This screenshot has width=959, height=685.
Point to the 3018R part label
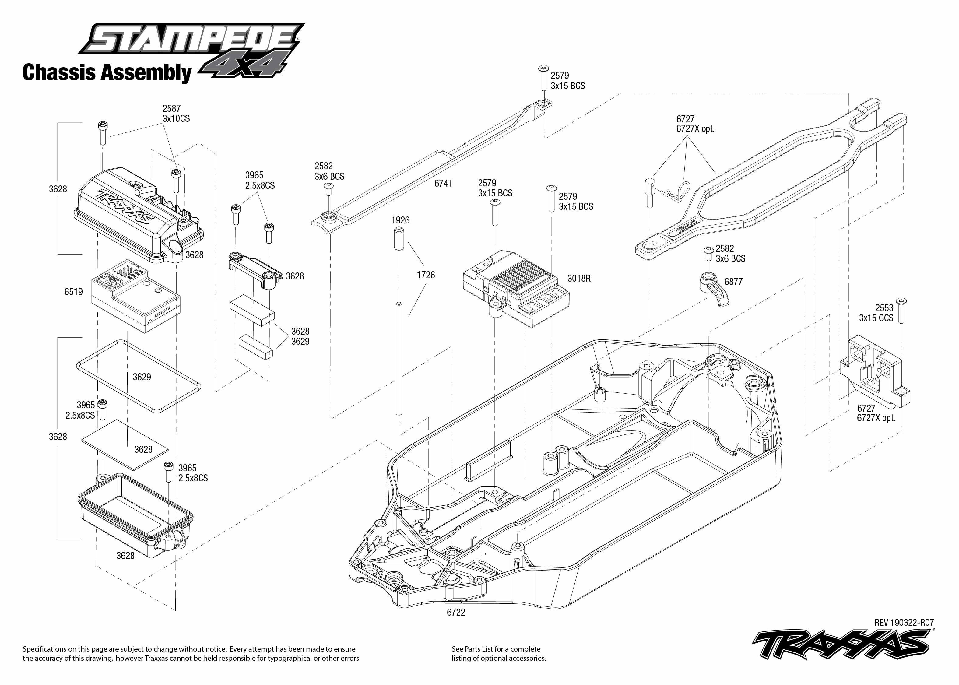tap(579, 278)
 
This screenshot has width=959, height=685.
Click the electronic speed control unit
tap(516, 289)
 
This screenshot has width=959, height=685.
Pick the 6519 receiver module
tap(136, 296)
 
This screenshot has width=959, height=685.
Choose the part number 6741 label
tap(443, 184)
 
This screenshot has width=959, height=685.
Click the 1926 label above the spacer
tap(400, 220)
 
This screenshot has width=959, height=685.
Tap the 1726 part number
tap(426, 275)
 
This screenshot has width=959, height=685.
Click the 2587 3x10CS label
tap(176, 114)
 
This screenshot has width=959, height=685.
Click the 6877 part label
tap(733, 282)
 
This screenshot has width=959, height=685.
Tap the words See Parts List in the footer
tap(472, 649)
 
